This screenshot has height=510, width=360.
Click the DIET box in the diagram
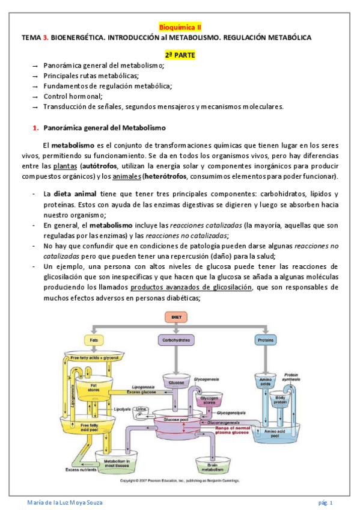(177, 317)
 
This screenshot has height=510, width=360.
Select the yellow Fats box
(94, 340)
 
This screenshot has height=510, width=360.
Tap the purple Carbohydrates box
(177, 340)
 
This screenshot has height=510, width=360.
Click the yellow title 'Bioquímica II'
(180, 26)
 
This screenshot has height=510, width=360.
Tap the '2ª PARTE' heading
(180, 55)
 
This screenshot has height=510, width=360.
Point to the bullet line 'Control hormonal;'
(73, 96)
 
